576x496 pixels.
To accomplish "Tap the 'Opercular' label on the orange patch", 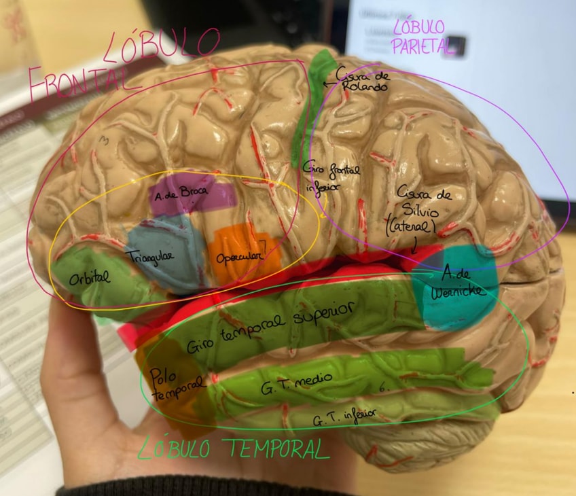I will click(240, 258).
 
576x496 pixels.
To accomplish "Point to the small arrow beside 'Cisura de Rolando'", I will click(330, 84).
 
